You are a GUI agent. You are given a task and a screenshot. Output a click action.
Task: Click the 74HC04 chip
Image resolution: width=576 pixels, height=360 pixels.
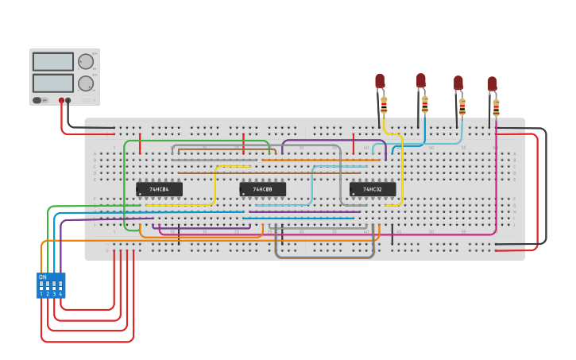(159, 189)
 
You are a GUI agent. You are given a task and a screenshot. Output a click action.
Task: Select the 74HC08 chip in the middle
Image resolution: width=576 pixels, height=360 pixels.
(262, 189)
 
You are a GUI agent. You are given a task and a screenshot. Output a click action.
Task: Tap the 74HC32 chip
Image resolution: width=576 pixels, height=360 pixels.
(372, 189)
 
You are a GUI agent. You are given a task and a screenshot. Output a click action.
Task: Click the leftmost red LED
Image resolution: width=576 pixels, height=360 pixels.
(380, 81)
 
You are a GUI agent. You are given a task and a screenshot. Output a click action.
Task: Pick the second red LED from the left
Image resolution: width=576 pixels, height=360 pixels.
(421, 80)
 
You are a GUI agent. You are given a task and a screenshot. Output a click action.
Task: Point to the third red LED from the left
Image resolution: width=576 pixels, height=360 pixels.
(458, 83)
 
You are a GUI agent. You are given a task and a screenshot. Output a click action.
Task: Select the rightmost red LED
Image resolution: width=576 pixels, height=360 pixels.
(492, 83)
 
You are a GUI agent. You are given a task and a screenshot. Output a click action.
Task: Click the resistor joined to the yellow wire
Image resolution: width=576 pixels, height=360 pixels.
(384, 104)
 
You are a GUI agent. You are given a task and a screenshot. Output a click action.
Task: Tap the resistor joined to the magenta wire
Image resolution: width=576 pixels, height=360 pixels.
(496, 106)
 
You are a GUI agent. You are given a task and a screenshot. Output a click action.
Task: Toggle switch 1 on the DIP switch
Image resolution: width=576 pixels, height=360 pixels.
(41, 285)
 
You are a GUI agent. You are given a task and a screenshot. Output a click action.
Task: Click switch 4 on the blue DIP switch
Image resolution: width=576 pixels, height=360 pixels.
(60, 285)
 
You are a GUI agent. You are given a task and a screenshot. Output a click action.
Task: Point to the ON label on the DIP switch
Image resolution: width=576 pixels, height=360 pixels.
(42, 277)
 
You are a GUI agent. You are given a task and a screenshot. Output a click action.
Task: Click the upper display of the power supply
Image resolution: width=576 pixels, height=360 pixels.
(53, 61)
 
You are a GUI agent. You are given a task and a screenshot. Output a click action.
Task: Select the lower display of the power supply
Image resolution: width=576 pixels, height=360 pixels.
(53, 83)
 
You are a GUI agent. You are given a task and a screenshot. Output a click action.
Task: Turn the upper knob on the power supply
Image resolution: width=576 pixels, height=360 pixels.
(86, 61)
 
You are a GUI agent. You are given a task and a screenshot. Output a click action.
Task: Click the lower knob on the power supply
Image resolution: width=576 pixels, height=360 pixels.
(86, 83)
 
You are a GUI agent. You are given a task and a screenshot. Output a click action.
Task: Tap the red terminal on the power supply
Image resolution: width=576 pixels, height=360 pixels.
(61, 101)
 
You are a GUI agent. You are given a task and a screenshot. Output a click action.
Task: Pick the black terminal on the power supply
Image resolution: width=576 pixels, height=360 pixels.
(68, 101)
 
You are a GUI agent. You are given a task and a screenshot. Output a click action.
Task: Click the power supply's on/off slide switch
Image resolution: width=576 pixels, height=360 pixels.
(37, 101)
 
